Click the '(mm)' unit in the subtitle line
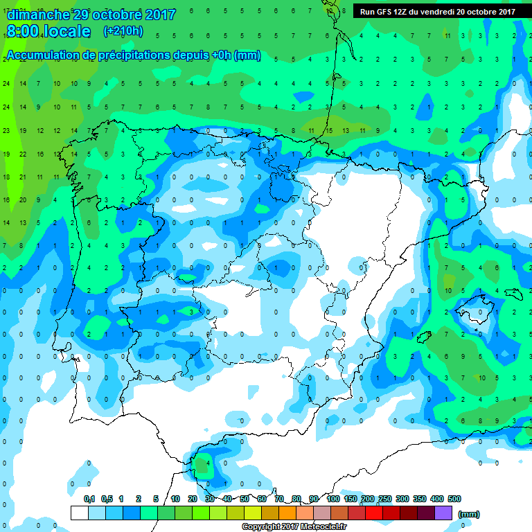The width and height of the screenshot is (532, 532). click(x=247, y=55)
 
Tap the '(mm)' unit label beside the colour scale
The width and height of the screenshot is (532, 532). click(x=468, y=514)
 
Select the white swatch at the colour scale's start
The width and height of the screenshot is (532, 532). click(x=79, y=513)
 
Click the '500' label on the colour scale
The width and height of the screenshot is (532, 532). click(x=454, y=499)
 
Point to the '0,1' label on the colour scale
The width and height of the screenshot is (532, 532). click(x=89, y=499)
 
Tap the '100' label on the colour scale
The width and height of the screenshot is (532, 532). click(x=333, y=499)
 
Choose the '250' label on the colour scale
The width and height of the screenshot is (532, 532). click(x=385, y=499)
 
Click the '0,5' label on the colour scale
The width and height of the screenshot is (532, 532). click(x=106, y=499)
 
